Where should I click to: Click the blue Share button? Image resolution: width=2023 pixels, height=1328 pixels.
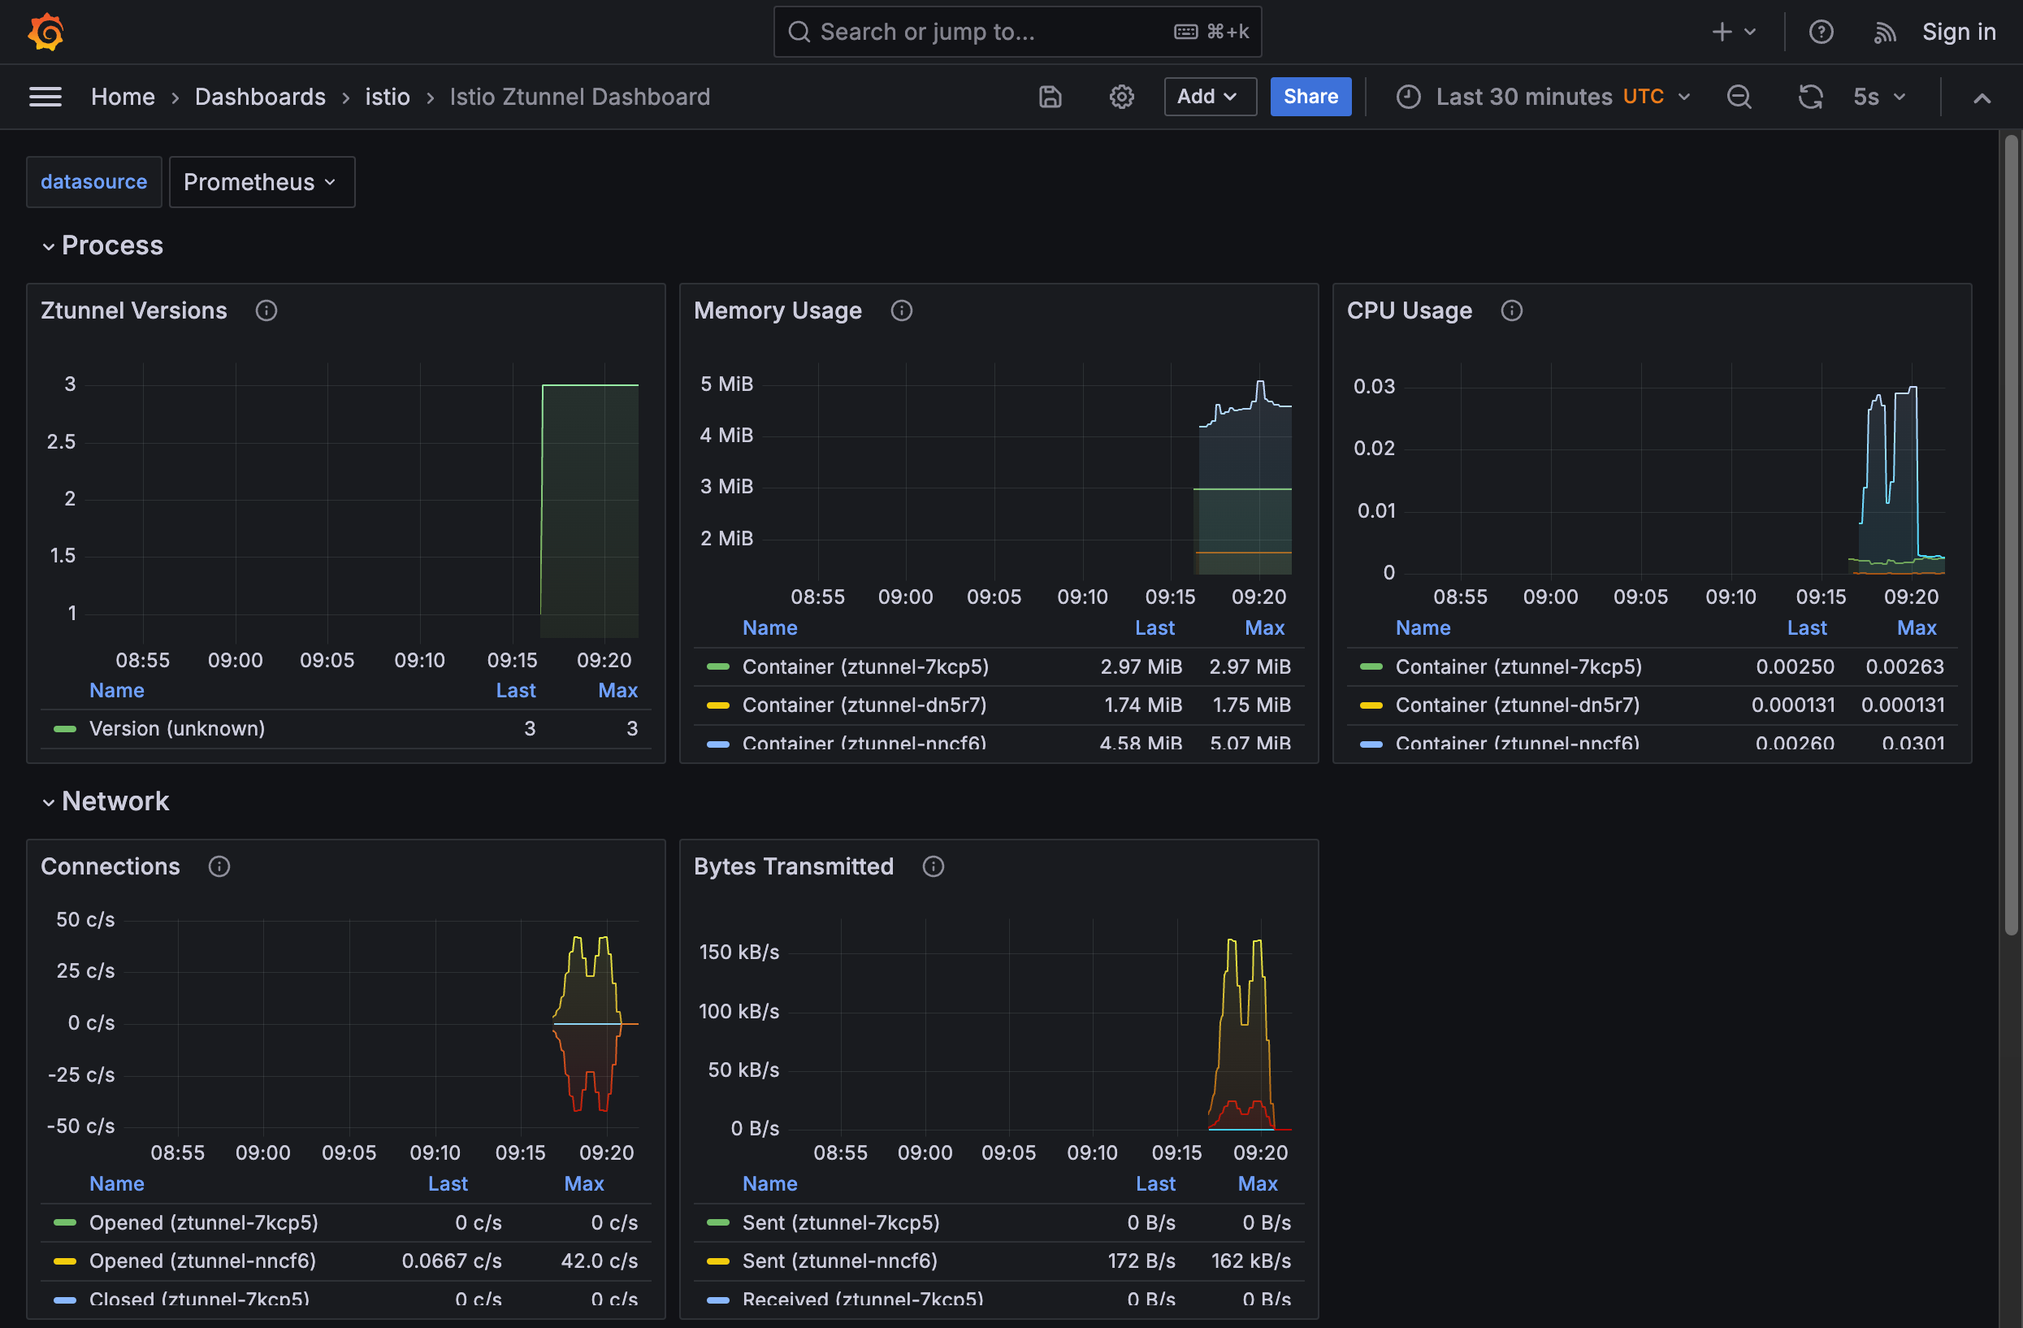tap(1310, 97)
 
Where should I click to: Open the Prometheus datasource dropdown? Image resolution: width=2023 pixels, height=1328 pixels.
tap(261, 182)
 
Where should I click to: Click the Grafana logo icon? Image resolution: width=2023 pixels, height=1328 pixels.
tap(45, 33)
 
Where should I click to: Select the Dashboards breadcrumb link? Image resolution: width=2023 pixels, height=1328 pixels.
tap(260, 97)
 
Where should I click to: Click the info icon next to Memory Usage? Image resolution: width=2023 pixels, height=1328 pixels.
tap(901, 311)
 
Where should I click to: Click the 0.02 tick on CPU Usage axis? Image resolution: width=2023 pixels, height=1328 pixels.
tap(1374, 448)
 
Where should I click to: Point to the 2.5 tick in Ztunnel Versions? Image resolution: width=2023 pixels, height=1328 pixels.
tap(61, 441)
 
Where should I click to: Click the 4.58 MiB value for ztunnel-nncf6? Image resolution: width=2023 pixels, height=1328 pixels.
tap(1141, 742)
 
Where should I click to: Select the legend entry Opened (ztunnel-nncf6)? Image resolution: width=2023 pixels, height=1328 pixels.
tap(202, 1260)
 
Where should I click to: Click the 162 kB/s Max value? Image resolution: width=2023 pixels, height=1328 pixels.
tap(1250, 1260)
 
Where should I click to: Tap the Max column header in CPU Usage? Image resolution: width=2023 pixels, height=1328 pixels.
tap(1916, 627)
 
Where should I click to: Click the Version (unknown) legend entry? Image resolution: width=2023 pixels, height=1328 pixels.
tap(177, 729)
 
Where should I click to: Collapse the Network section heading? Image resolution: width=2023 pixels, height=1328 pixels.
tap(115, 801)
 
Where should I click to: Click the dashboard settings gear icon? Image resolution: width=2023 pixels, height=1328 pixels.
tap(1121, 97)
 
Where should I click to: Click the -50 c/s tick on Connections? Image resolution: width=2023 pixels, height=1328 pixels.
tap(80, 1126)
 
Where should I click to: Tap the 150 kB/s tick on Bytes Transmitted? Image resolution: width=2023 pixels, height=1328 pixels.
tap(739, 953)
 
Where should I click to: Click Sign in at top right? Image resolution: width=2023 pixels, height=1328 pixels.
tap(1958, 33)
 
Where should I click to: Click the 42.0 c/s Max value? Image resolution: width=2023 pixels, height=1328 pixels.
tap(599, 1260)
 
